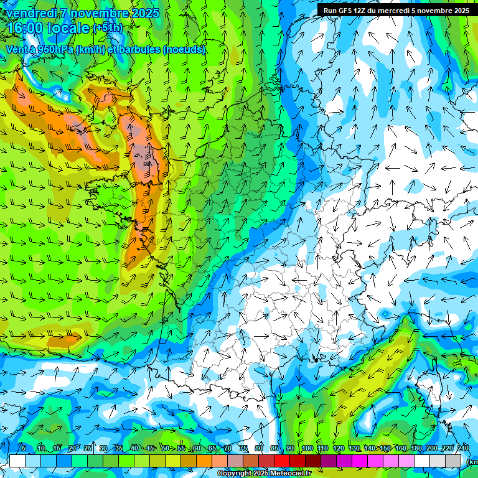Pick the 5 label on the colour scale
[x=24, y=448]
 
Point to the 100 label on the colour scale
[x=307, y=448]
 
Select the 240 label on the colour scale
[x=462, y=448]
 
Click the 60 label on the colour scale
[x=197, y=448]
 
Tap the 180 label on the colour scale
[x=416, y=448]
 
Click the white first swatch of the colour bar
[x=17, y=461]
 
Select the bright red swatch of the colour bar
[x=282, y=461]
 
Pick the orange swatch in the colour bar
[x=204, y=461]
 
